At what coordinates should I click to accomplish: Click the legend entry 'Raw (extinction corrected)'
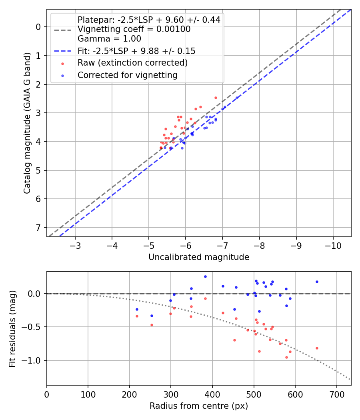(x=132, y=63)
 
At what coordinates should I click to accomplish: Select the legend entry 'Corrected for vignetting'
(x=127, y=75)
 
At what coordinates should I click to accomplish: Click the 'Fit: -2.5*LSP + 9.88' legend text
(x=136, y=51)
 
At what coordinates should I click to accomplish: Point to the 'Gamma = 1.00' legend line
(x=109, y=39)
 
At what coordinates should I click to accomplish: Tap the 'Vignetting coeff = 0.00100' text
(x=134, y=29)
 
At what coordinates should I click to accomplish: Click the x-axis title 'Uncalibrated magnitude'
(x=199, y=257)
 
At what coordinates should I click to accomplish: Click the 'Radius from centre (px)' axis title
(x=199, y=406)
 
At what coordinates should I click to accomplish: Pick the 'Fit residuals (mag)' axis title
(x=13, y=328)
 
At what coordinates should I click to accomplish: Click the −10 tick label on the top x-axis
(x=333, y=244)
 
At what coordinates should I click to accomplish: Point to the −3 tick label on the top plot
(x=75, y=244)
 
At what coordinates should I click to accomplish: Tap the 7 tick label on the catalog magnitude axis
(x=38, y=228)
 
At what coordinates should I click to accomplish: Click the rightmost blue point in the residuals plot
(x=317, y=282)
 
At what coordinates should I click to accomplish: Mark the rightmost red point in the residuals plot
(x=317, y=348)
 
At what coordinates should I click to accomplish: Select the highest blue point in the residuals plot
(x=205, y=276)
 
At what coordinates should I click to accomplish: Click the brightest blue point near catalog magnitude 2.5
(x=237, y=97)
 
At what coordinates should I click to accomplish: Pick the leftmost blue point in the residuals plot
(x=137, y=309)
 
